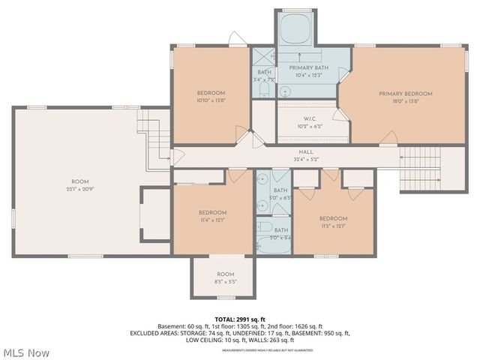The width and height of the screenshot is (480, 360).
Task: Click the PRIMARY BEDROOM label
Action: tap(405, 94)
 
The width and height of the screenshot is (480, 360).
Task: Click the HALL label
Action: tap(306, 151)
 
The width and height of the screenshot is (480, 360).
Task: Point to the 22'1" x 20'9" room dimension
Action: tap(79, 188)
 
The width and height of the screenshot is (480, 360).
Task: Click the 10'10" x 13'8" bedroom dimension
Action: tap(211, 100)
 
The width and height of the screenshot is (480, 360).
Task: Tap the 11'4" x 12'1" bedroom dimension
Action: tap(212, 220)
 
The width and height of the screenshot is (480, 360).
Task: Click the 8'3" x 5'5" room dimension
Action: tap(225, 282)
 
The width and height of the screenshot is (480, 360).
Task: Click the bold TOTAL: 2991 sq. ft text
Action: tap(240, 319)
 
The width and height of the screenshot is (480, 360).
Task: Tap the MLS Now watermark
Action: tap(27, 352)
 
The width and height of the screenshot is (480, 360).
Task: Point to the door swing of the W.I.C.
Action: tap(342, 113)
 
